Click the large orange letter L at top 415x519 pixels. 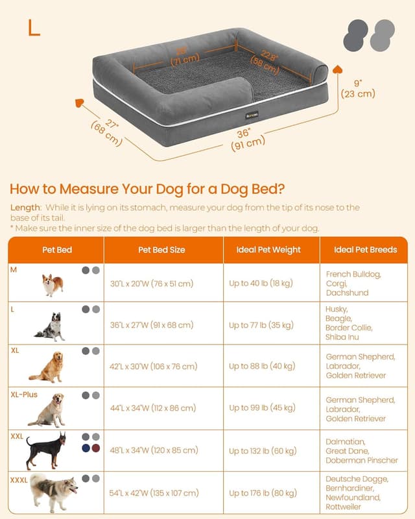34,28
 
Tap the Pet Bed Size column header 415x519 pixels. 161,250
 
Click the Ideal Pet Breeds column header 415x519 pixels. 365,250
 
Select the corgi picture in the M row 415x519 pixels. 53,285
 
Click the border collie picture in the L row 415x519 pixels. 51,326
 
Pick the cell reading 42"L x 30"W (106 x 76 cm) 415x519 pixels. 153,367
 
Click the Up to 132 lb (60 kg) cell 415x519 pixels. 263,450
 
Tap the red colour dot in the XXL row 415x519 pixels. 97,448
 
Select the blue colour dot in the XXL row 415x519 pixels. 86,448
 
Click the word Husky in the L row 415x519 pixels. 337,309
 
